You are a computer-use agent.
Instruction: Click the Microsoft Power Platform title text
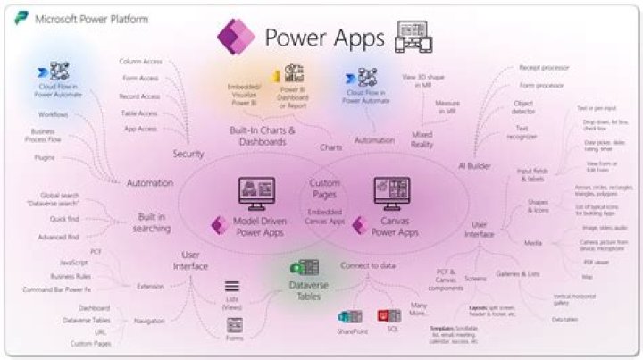91,18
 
